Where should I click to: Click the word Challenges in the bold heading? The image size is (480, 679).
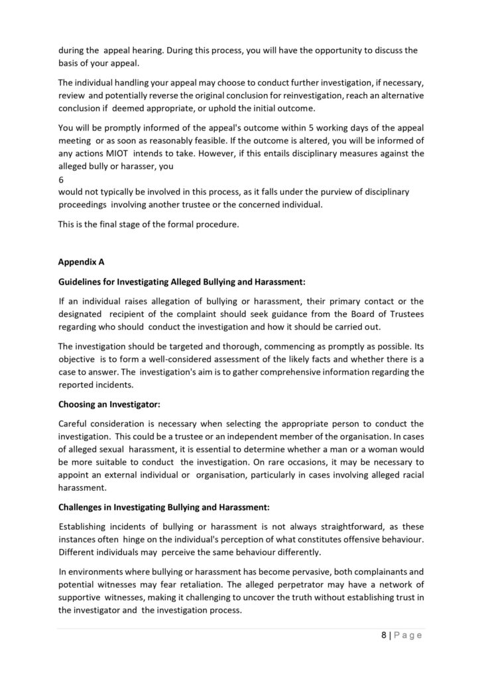84,508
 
